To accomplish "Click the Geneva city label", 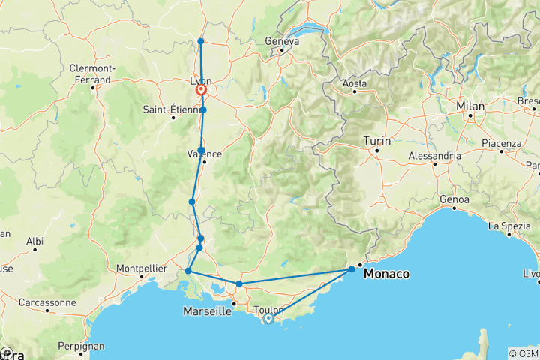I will point(282,42).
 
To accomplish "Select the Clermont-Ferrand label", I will point(90,73).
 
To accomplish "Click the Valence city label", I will point(204,154).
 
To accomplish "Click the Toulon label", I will point(269,309).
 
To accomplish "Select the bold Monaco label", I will point(386,274).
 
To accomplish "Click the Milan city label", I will point(471,106).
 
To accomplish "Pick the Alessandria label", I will point(434,156).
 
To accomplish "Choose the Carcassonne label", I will point(47,303).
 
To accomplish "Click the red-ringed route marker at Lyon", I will point(202,91).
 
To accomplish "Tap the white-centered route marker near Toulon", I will point(268,319).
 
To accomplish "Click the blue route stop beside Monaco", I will point(352,269).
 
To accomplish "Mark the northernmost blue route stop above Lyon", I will point(201,41).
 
